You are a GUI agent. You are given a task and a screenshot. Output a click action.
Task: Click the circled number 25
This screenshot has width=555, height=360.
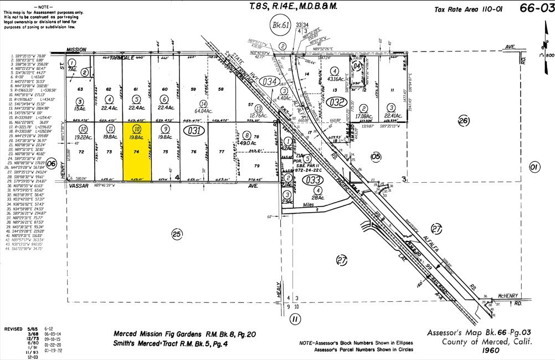[177, 234]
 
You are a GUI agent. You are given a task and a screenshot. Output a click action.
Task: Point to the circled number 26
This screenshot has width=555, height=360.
[464, 121]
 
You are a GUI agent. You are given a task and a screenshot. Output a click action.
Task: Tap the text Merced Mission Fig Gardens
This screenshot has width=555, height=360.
[161, 334]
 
